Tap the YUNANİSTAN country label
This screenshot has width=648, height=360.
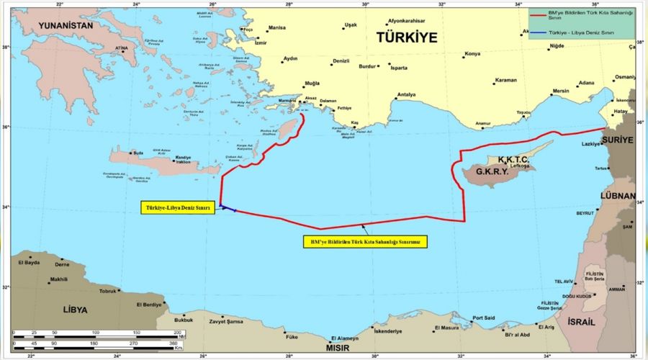click(x=57, y=25)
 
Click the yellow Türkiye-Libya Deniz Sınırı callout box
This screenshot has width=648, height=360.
click(x=177, y=207)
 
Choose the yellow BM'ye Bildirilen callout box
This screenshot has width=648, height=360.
click(x=364, y=243)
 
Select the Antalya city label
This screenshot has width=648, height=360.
click(x=407, y=94)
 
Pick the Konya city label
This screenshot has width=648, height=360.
click(x=472, y=54)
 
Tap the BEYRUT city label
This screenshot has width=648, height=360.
click(x=585, y=214)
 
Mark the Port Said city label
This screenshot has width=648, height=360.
click(x=483, y=318)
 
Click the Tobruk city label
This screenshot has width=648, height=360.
click(x=107, y=292)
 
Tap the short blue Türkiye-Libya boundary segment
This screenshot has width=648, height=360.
click(x=229, y=209)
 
